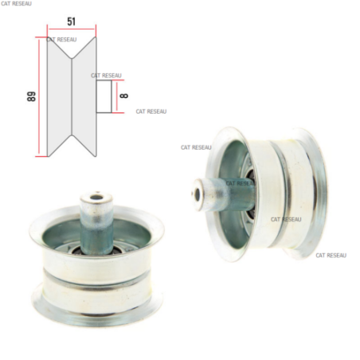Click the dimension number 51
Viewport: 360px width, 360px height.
71,22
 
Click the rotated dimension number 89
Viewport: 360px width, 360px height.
31,96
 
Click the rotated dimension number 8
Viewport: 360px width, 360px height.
124,96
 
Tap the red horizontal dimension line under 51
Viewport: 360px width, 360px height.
72,29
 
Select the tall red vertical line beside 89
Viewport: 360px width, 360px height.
39,96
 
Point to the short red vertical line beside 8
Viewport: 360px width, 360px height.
116,96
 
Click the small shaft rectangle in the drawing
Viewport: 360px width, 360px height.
104,96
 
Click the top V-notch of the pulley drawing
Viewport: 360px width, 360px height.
72,48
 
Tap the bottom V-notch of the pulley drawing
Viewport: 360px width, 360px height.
72,146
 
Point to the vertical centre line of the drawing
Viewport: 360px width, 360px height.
72,96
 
